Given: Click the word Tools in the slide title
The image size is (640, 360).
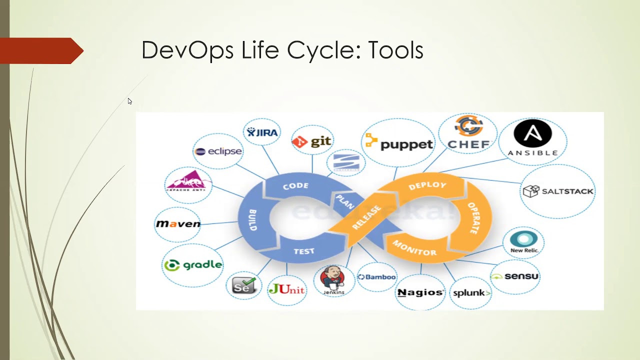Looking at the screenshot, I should (395, 50).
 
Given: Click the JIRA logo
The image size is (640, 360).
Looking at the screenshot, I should (262, 132).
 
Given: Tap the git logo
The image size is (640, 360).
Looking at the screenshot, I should (312, 141).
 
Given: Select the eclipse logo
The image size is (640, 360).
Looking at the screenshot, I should (218, 151).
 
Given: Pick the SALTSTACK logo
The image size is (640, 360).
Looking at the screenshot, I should (558, 191).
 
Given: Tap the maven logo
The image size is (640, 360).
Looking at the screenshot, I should (178, 223).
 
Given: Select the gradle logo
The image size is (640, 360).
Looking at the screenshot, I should (193, 265).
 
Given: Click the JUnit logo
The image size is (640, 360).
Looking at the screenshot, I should (286, 288).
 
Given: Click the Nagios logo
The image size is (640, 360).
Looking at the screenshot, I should (420, 292).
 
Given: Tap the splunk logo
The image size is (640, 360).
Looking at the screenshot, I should (471, 293).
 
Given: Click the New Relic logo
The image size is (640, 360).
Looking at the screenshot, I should (523, 242).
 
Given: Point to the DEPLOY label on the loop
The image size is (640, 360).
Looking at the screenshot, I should (427, 185).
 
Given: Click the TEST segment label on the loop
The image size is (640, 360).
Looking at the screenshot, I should (304, 251).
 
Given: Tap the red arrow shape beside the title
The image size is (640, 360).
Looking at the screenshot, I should (42, 50).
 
